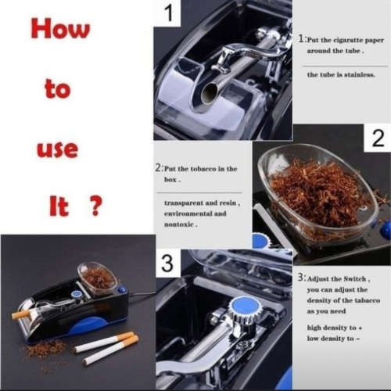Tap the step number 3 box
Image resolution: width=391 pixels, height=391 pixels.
[x=167, y=262]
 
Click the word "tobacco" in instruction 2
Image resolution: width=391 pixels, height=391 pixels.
[x=207, y=169]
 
